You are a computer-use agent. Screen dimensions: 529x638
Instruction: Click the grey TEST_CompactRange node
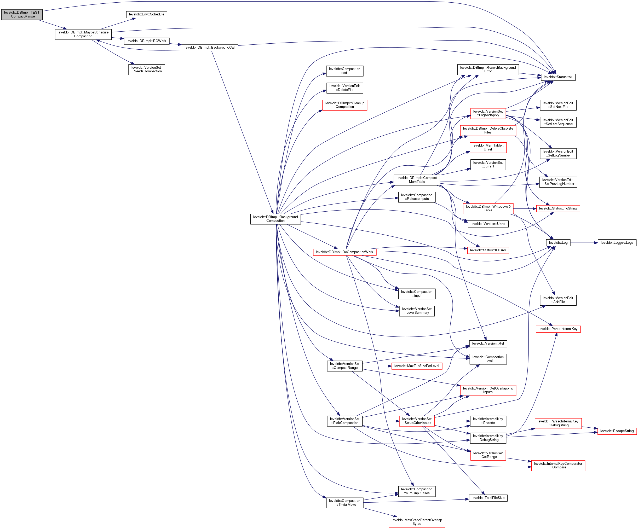pos(22,15)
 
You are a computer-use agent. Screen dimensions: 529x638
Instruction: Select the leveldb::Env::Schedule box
pos(146,14)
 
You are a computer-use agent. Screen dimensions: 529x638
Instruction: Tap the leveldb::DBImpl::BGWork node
pos(146,41)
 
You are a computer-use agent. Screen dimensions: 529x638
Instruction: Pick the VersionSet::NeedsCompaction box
pos(146,69)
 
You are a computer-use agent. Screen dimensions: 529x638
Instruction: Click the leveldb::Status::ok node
pos(558,77)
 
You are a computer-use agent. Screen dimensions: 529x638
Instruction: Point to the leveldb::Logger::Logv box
pos(617,243)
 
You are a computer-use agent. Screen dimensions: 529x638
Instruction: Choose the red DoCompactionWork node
pos(344,252)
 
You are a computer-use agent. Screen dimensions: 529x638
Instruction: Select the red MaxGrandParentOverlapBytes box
pos(417,522)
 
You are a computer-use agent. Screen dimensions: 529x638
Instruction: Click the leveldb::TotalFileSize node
pos(488,498)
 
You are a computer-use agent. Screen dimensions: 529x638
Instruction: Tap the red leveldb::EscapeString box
pos(617,431)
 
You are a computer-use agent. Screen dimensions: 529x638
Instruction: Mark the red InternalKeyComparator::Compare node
pos(558,466)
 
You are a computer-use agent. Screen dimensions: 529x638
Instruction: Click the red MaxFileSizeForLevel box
pos(417,366)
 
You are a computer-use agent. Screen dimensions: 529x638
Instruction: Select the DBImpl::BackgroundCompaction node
pos(275,219)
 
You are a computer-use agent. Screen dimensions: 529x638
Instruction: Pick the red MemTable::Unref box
pos(488,148)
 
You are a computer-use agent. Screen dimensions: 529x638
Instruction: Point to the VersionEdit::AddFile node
pos(558,300)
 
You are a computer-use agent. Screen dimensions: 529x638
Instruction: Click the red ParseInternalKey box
pos(558,329)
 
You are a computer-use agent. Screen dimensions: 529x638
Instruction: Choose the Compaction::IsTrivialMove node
pos(344,503)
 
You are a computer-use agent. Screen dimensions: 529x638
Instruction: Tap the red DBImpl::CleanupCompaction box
pos(344,105)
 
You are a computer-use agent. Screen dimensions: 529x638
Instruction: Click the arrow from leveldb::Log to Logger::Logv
pos(584,243)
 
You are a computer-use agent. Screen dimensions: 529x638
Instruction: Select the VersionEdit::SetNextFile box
pos(558,105)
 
